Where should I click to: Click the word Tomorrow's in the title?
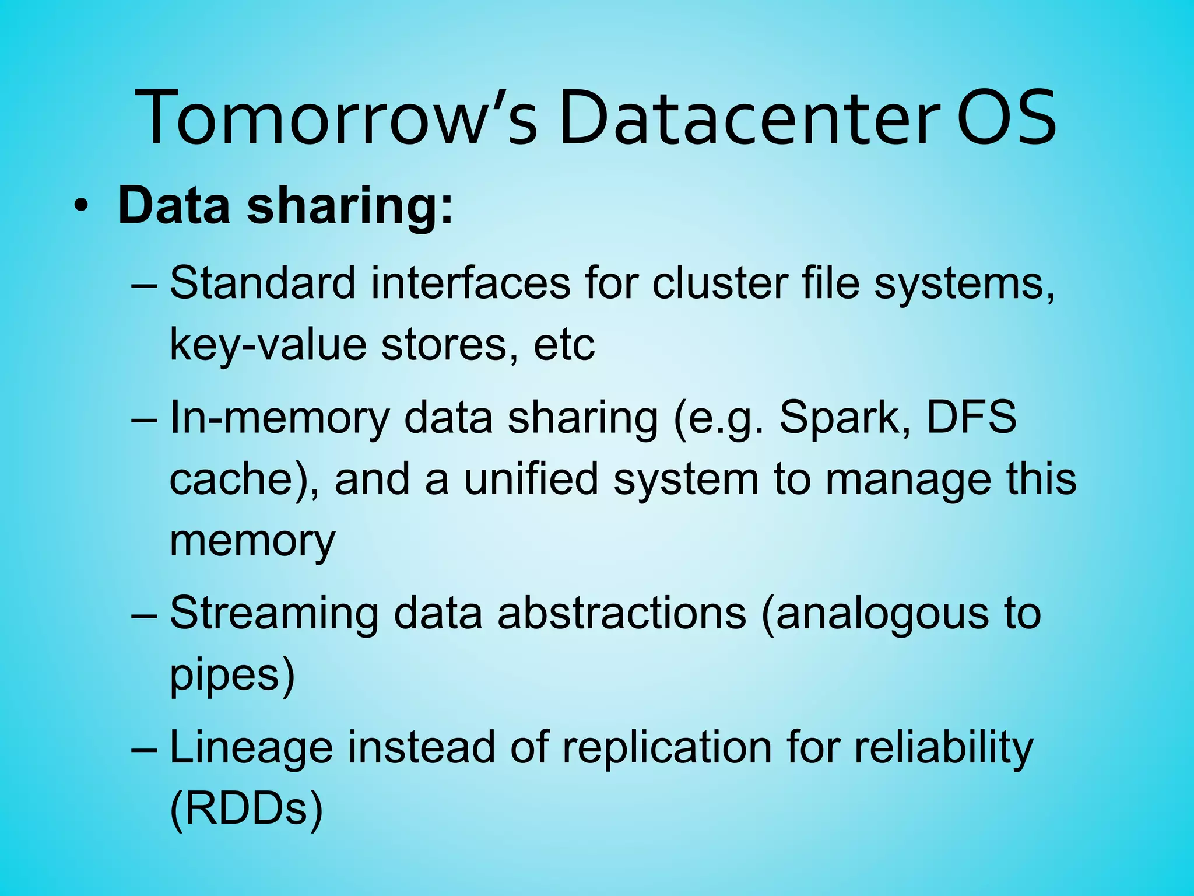click(335, 117)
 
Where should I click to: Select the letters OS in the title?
click(1006, 117)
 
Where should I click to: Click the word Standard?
click(262, 283)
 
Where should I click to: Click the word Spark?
click(845, 418)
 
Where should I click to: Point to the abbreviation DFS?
click(971, 418)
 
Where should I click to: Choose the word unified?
click(531, 480)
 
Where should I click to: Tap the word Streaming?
click(274, 614)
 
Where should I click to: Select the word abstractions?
click(621, 614)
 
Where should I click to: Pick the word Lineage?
click(251, 748)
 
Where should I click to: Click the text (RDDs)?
click(246, 810)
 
